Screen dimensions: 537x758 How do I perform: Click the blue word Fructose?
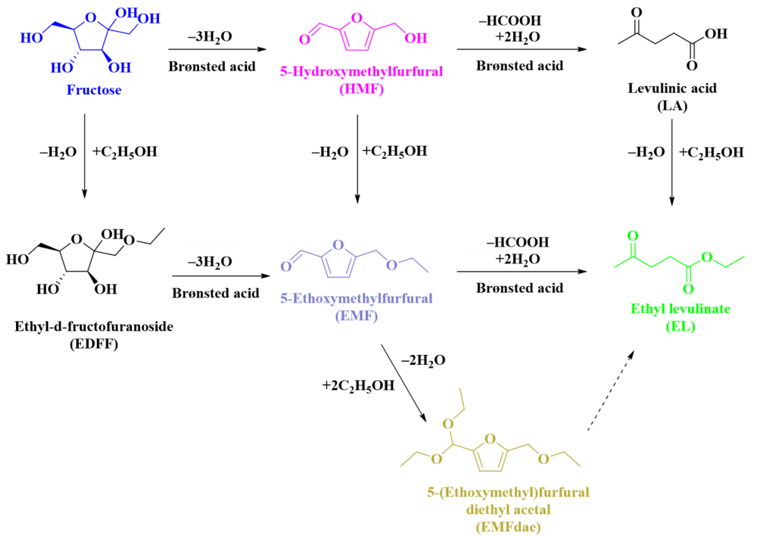pyautogui.click(x=94, y=90)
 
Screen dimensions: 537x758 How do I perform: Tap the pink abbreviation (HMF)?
pyautogui.click(x=361, y=89)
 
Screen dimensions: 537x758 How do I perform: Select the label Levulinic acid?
pyautogui.click(x=672, y=88)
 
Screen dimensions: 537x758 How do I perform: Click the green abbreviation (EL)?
pyautogui.click(x=680, y=327)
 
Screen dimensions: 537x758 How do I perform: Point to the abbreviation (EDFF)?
pyautogui.click(x=94, y=344)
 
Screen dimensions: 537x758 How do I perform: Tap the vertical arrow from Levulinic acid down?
pyautogui.click(x=672, y=162)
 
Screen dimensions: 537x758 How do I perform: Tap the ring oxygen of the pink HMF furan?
pyautogui.click(x=357, y=18)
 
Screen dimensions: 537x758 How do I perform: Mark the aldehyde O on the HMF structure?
pyautogui.click(x=304, y=40)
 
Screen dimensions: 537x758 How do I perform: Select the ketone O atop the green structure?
pyautogui.click(x=633, y=236)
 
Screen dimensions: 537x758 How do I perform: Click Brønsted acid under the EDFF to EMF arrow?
pyautogui.click(x=215, y=293)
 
